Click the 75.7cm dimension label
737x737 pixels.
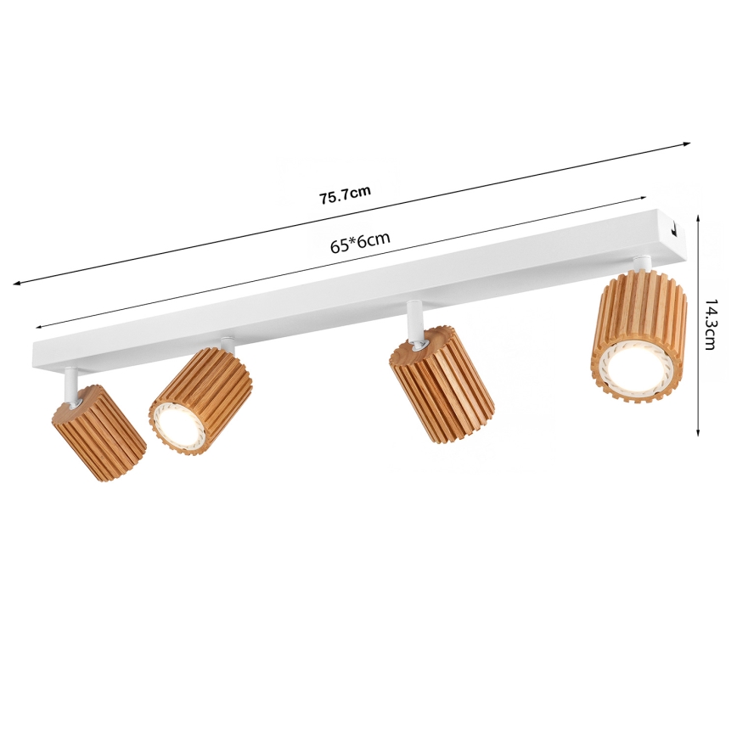(345, 195)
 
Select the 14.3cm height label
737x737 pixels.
(711, 325)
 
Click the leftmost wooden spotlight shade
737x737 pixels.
(98, 432)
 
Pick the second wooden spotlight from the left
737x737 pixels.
(201, 399)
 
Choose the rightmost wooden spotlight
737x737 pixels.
(639, 335)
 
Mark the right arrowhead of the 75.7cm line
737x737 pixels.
(687, 144)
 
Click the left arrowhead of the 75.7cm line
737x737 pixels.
(17, 283)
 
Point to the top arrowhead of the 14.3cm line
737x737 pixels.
(698, 217)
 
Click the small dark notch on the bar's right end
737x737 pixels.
(672, 228)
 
